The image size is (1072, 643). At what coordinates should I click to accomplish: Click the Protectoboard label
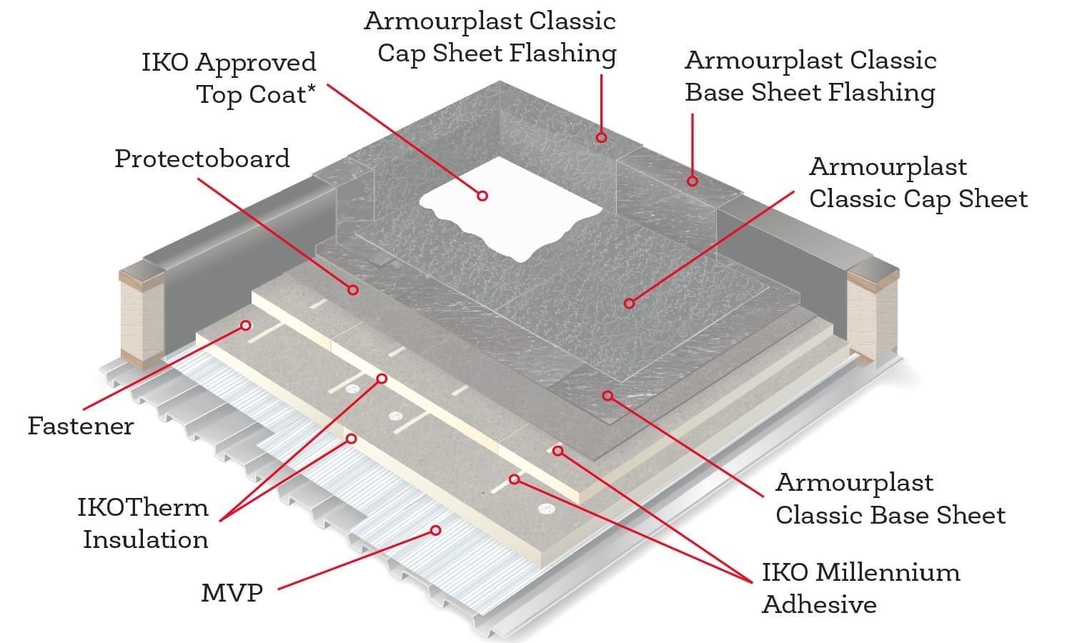pos(202,159)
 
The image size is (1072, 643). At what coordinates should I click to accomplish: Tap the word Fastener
pos(80,426)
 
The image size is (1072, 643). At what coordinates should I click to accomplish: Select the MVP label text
pos(232,593)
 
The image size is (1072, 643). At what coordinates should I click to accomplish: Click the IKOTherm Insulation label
pos(143,523)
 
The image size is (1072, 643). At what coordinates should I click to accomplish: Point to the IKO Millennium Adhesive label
pos(861,588)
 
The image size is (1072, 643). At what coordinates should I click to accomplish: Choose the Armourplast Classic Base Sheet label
pos(890,499)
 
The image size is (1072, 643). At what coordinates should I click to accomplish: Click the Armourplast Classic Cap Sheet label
pos(918,183)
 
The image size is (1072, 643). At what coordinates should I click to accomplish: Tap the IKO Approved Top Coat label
pos(229,79)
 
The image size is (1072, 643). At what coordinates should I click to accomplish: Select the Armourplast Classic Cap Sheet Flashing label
pos(490,37)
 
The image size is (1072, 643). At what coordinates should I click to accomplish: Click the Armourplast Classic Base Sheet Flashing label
pos(810,76)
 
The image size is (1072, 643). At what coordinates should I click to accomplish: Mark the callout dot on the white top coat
pos(482,196)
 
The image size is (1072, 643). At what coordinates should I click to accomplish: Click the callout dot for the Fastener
pos(246,325)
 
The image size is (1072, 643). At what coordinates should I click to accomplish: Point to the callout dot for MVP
pos(435,530)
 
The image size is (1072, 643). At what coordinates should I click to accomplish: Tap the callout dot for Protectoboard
pos(353,290)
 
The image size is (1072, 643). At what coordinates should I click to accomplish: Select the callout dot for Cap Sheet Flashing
pos(602,138)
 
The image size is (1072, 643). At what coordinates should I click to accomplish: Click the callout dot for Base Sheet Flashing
pos(693,181)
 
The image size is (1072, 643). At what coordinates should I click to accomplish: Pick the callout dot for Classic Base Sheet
pos(607,396)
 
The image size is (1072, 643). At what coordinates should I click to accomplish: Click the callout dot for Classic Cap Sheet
pos(630,304)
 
